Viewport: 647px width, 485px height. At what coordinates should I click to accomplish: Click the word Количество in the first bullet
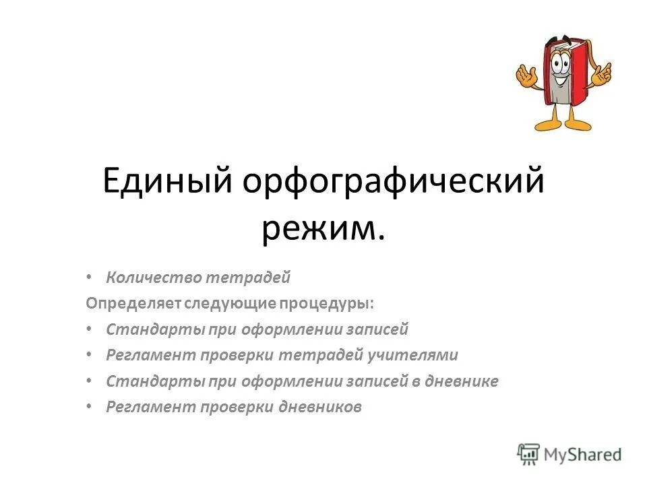154,277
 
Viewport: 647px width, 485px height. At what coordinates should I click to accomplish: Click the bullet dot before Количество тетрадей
90,277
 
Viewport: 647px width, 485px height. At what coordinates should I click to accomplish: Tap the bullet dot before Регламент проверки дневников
90,407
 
